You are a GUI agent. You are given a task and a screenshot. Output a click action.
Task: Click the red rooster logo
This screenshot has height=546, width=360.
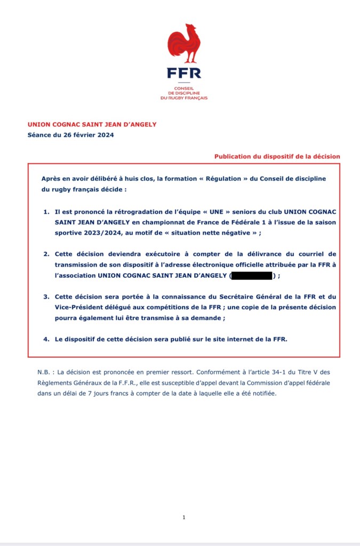(183, 44)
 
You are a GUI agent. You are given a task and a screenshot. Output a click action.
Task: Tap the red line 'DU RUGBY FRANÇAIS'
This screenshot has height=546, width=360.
(183, 98)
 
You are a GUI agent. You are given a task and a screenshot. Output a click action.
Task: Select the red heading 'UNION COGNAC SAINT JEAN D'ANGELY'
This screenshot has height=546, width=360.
(92, 124)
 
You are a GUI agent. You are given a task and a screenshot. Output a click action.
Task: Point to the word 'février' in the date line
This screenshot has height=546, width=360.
(79, 135)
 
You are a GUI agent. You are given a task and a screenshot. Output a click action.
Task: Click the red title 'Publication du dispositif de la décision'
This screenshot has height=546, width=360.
(277, 156)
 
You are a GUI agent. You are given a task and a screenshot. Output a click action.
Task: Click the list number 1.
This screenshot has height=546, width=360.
(46, 212)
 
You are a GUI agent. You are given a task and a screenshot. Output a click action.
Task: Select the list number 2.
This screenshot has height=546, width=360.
(46, 254)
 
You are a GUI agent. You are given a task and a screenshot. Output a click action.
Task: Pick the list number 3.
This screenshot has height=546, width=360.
(46, 296)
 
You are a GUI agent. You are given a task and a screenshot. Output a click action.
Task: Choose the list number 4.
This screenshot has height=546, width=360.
(46, 339)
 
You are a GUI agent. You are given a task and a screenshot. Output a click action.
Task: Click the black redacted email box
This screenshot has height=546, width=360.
(251, 276)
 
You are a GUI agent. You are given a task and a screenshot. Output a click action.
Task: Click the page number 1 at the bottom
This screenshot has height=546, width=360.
(183, 517)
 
